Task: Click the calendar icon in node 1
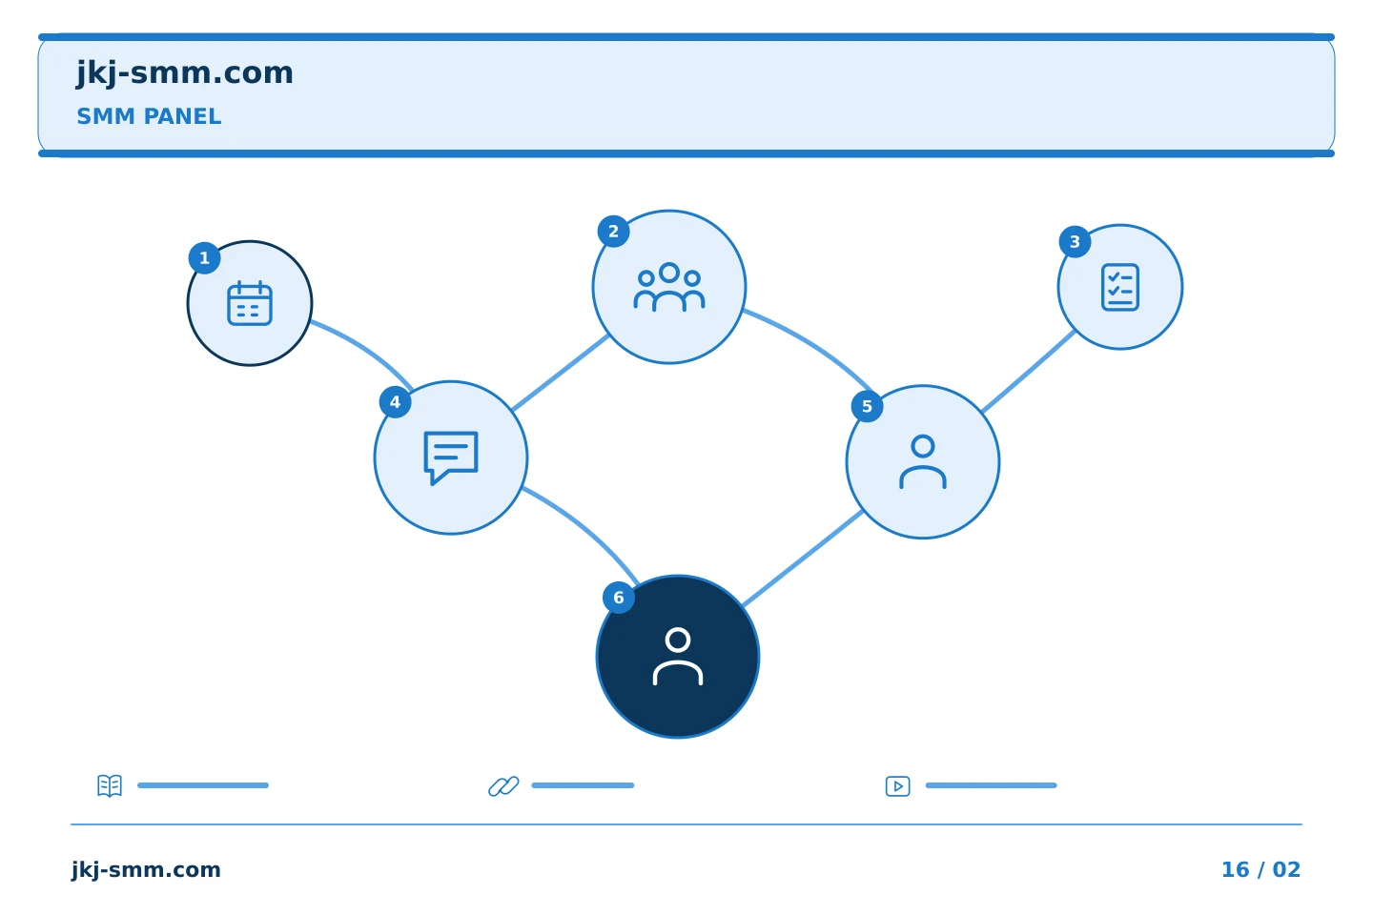pyautogui.click(x=250, y=303)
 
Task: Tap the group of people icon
pyautogui.click(x=668, y=287)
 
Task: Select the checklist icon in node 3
pyautogui.click(x=1119, y=287)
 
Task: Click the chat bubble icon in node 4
pyautogui.click(x=450, y=457)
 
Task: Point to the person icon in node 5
pyautogui.click(x=923, y=461)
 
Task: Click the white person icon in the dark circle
pyautogui.click(x=677, y=656)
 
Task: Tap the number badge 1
pyautogui.click(x=204, y=258)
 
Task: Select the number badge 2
pyautogui.click(x=613, y=232)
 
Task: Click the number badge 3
pyautogui.click(x=1075, y=242)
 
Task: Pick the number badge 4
pyautogui.click(x=395, y=402)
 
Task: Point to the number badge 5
pyautogui.click(x=867, y=406)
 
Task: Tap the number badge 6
pyautogui.click(x=619, y=598)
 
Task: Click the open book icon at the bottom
pyautogui.click(x=110, y=785)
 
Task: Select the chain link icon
pyautogui.click(x=503, y=785)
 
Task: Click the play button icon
pyautogui.click(x=897, y=785)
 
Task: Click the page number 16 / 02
pyautogui.click(x=1260, y=869)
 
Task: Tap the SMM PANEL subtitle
pyautogui.click(x=149, y=116)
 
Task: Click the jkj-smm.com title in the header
pyautogui.click(x=185, y=73)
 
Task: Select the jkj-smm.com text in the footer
pyautogui.click(x=146, y=870)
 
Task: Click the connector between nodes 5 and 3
pyautogui.click(x=1029, y=372)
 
